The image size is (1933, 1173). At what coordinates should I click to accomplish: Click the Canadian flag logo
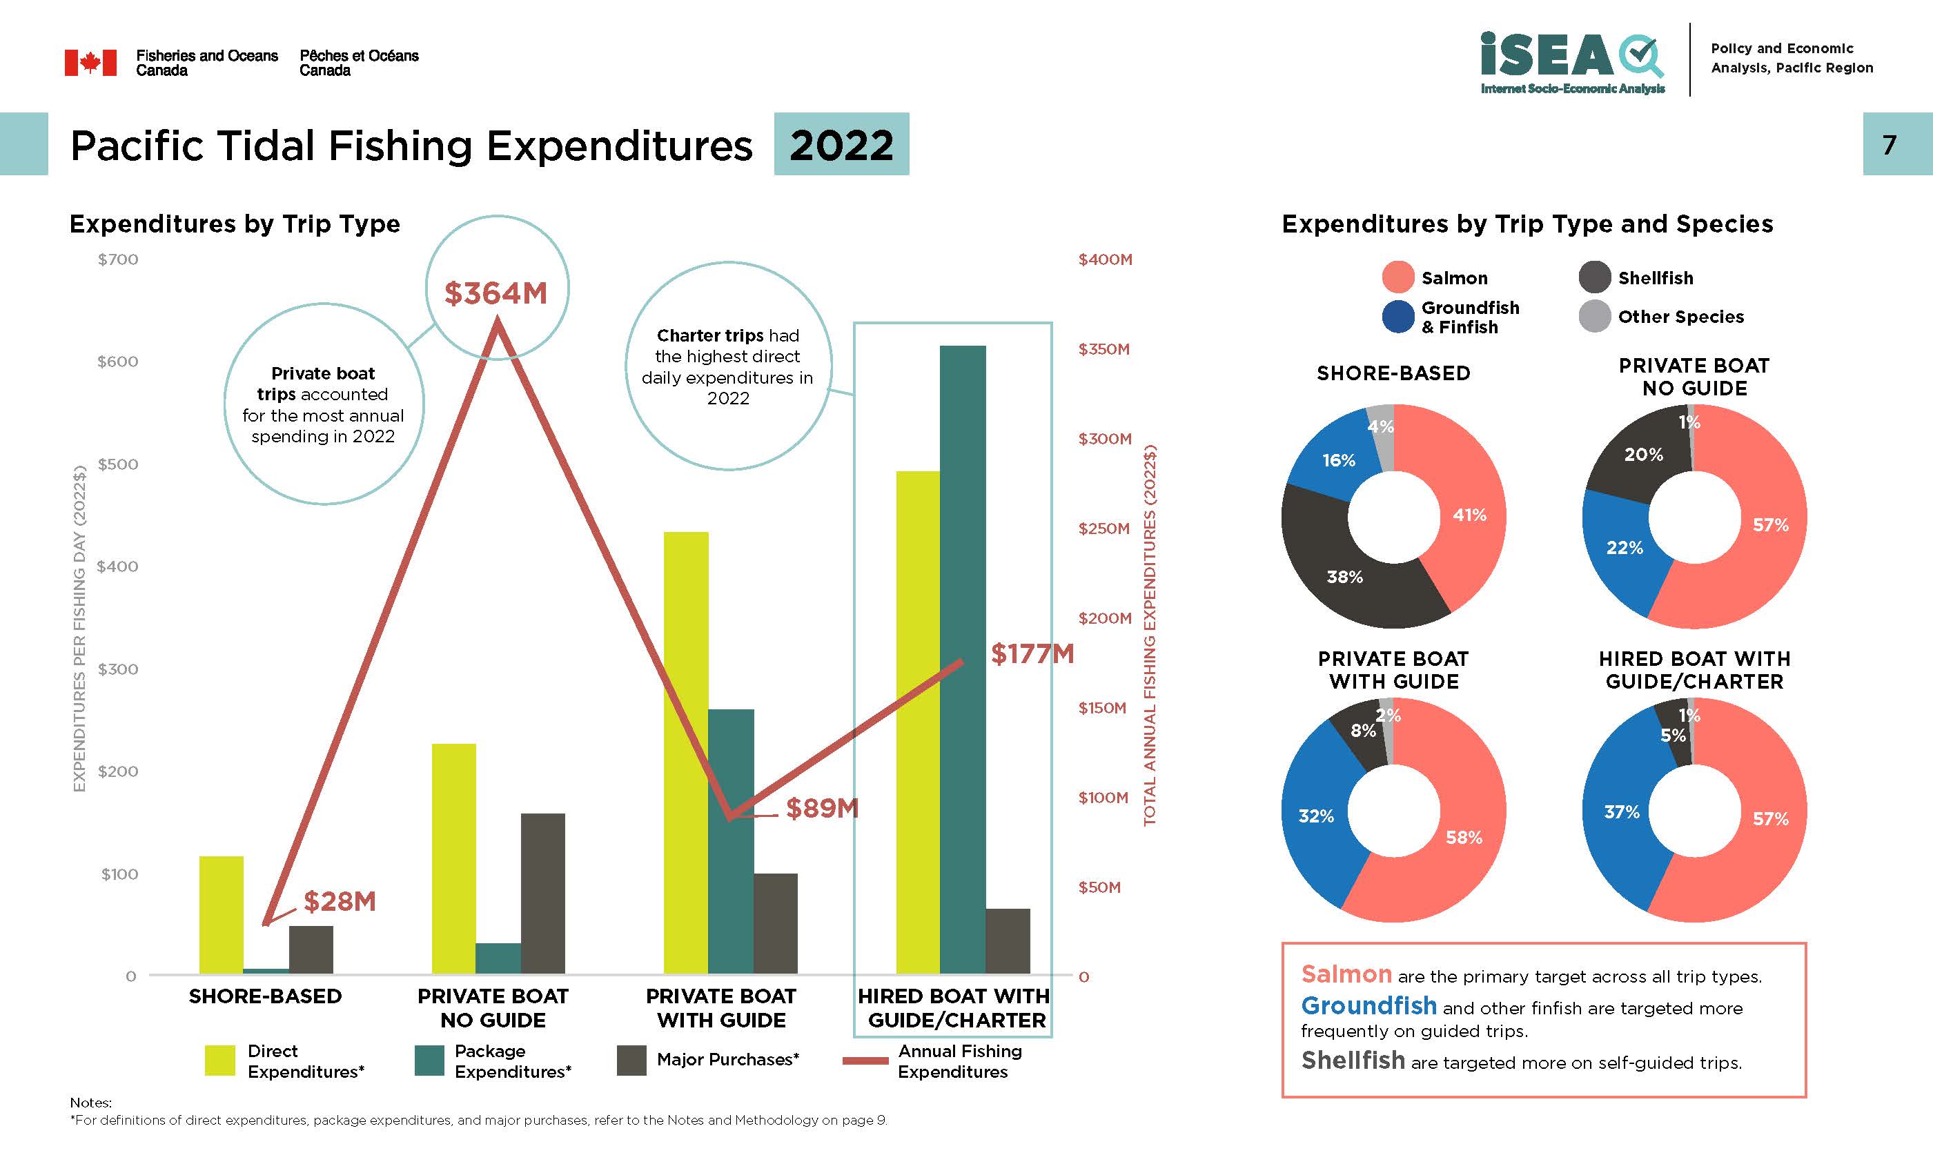click(90, 63)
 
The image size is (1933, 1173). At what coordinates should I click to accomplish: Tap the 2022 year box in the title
click(841, 144)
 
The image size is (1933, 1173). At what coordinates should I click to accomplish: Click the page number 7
click(1889, 144)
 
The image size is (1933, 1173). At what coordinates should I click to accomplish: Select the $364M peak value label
click(495, 293)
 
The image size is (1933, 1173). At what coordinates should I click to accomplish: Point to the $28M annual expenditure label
click(340, 900)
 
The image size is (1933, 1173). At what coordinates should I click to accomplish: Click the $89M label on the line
click(822, 807)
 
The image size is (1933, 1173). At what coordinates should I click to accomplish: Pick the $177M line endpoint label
click(1032, 653)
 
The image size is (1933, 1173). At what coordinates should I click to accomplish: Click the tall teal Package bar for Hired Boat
click(963, 659)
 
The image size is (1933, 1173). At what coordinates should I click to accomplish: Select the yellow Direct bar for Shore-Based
click(222, 914)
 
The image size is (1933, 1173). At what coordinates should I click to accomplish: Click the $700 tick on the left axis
click(118, 259)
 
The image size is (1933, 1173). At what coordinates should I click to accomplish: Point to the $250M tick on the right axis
click(1103, 528)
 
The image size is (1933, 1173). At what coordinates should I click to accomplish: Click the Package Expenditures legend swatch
click(429, 1060)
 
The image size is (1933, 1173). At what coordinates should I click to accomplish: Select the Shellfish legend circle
click(1594, 278)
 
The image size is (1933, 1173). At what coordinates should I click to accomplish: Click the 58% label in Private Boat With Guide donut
click(1464, 837)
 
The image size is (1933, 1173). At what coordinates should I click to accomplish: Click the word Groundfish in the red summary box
click(1369, 1005)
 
